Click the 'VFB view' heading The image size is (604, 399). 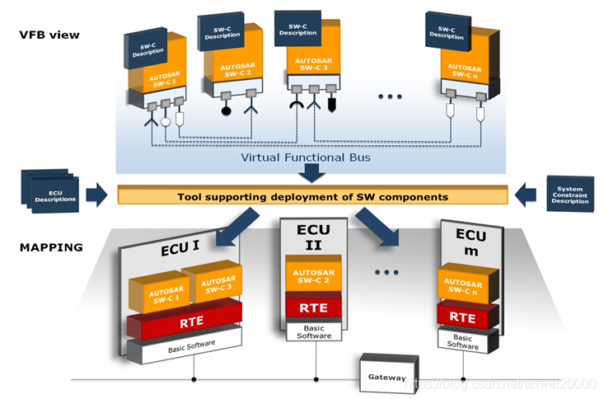coord(49,35)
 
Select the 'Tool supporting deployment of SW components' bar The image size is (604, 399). coord(312,197)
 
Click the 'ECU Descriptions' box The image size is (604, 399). coord(51,195)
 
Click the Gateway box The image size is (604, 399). coord(387,377)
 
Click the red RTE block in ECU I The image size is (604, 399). coord(186,323)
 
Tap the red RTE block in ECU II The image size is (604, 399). coord(313,307)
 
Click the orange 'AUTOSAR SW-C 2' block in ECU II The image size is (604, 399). coord(313,276)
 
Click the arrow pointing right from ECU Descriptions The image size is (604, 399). coord(96,195)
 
